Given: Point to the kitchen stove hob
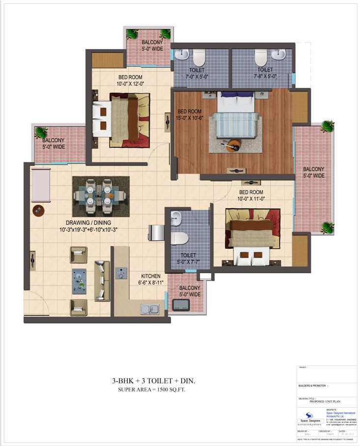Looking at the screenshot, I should tap(121, 273).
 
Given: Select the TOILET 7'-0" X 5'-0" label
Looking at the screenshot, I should tap(196, 74).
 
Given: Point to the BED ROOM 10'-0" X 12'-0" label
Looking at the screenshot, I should tap(130, 80).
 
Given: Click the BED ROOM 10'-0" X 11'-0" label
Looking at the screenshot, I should tap(250, 195).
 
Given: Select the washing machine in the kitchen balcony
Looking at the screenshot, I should tap(181, 305).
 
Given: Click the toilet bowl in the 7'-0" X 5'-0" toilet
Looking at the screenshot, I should tap(199, 59).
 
